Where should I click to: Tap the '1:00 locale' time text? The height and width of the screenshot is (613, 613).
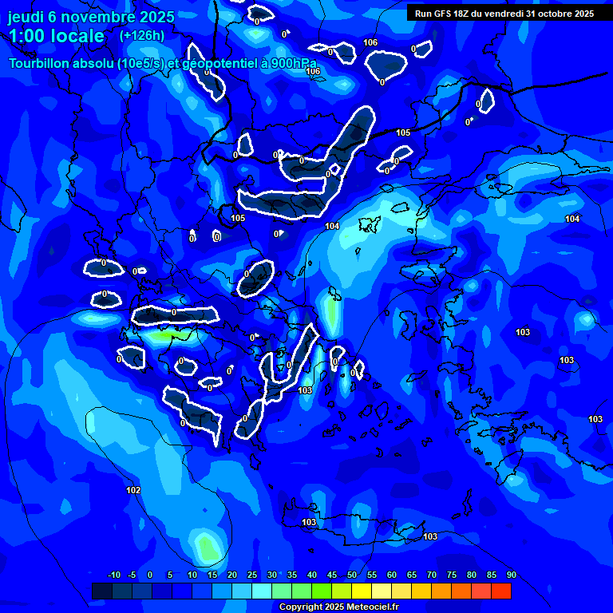pos(56,36)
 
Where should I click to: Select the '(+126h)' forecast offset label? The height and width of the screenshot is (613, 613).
pos(141,35)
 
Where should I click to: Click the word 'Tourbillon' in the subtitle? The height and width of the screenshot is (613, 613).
pos(40,63)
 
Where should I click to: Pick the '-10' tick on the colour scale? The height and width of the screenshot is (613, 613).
pos(114,575)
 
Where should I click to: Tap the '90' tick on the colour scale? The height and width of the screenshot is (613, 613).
pos(511,575)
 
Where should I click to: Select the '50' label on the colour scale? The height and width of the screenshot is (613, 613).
pos(352,575)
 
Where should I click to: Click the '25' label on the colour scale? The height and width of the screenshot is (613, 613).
pos(252,575)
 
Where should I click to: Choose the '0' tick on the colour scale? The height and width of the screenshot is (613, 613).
pos(150,575)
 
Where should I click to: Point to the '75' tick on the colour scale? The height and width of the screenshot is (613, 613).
pos(452,575)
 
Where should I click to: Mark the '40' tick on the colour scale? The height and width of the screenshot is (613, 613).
pos(312,575)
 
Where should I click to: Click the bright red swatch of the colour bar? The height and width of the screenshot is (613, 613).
pos(500,591)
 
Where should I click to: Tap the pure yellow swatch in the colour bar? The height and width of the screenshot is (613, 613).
pos(362,591)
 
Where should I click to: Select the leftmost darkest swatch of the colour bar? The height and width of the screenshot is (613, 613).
pos(102,591)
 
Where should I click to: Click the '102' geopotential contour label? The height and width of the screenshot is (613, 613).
pos(133,490)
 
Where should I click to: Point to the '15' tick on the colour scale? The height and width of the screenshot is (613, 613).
pos(212,575)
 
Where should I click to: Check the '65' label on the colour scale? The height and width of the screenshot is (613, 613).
pos(412,575)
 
